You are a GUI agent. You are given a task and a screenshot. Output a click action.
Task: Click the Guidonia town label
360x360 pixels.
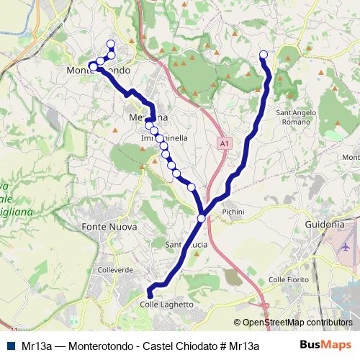click(325, 224)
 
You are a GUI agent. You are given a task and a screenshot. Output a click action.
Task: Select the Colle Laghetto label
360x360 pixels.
click(168, 305)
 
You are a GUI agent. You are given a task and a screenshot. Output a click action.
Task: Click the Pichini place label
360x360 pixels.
click(234, 212)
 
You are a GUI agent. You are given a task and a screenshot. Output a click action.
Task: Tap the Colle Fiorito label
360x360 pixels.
click(288, 279)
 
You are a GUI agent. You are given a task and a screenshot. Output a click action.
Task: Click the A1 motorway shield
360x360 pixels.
click(225, 144)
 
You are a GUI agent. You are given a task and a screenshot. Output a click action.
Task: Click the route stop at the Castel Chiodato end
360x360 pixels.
click(264, 55)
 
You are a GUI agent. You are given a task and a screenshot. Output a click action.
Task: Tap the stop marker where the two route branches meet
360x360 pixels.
click(202, 218)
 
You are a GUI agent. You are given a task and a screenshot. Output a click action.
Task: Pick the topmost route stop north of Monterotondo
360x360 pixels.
click(111, 45)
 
